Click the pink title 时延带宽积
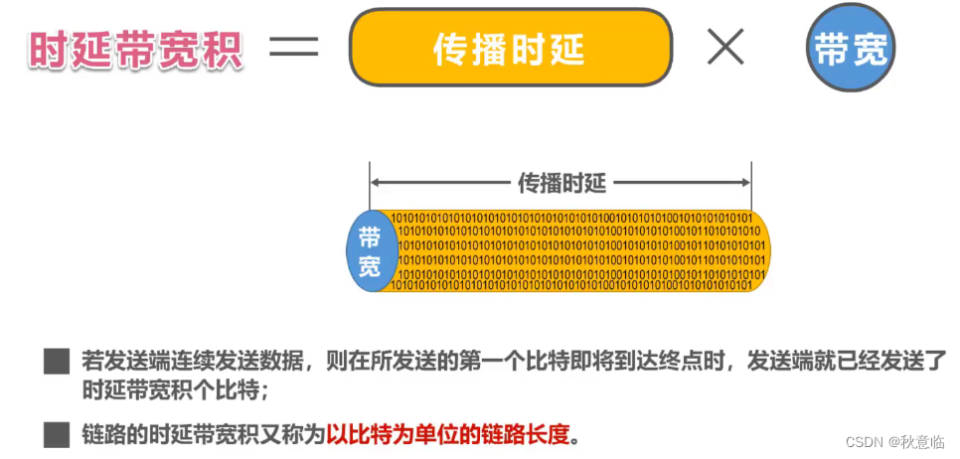pyautogui.click(x=136, y=51)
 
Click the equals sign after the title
pyautogui.click(x=294, y=49)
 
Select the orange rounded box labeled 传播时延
pyautogui.click(x=511, y=48)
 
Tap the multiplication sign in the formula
pyautogui.click(x=725, y=48)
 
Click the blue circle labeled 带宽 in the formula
pyautogui.click(x=851, y=49)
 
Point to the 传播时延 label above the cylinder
pyautogui.click(x=561, y=182)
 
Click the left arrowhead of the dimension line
pyautogui.click(x=376, y=182)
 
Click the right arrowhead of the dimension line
pyautogui.click(x=744, y=182)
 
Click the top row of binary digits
pyautogui.click(x=571, y=218)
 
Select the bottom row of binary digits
pyautogui.click(x=571, y=285)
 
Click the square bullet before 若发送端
pyautogui.click(x=56, y=362)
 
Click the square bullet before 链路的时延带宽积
pyautogui.click(x=56, y=434)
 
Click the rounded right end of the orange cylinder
pyautogui.click(x=761, y=251)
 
